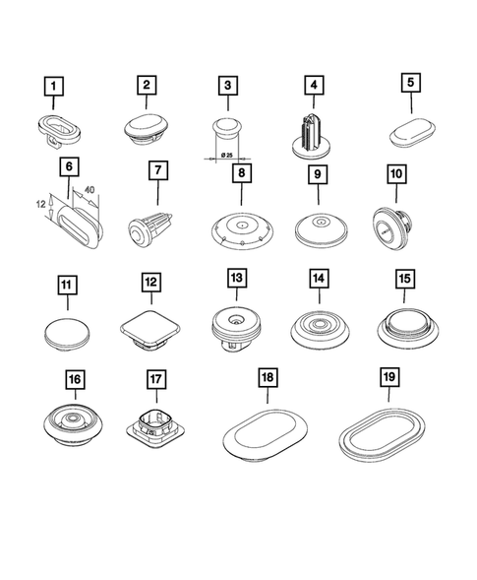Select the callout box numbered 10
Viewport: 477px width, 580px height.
(395, 174)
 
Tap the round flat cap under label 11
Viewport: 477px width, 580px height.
(65, 332)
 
